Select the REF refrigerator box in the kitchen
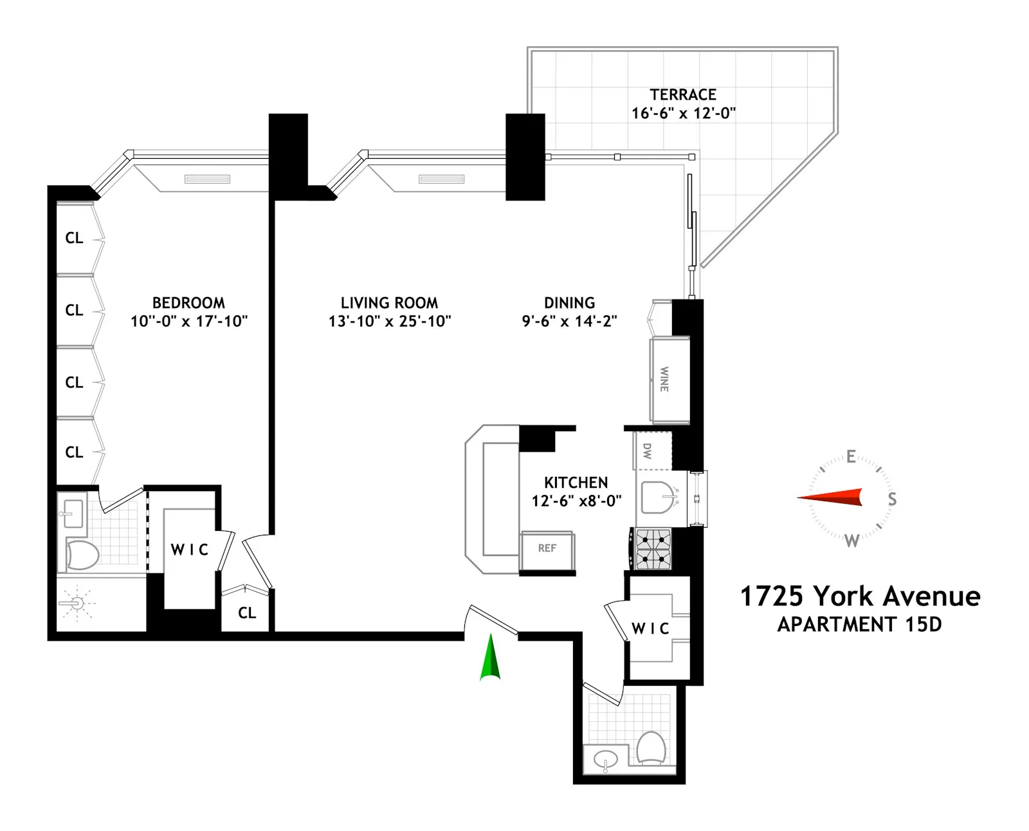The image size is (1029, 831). [x=547, y=549]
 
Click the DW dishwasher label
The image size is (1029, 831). [x=648, y=451]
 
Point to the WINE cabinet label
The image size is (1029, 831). [x=664, y=379]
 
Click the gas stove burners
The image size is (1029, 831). [x=653, y=549]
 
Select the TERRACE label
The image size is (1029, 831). [x=683, y=95]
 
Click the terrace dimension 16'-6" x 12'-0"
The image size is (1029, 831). [x=684, y=114]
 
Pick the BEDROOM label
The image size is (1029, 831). [x=188, y=303]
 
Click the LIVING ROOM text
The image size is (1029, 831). [x=389, y=303]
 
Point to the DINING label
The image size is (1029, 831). [x=569, y=303]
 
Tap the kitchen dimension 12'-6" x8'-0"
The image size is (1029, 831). [x=576, y=501]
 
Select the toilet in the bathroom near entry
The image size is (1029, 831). [x=651, y=747]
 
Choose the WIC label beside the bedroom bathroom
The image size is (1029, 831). [x=190, y=550]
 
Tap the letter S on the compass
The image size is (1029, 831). [x=892, y=499]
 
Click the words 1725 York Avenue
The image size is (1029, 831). [x=860, y=596]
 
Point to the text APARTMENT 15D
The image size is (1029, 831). [x=859, y=625]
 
